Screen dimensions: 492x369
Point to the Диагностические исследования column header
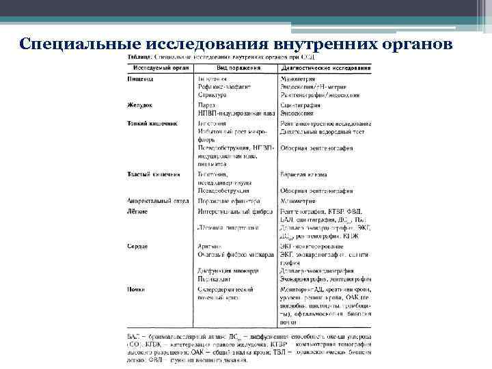(325, 69)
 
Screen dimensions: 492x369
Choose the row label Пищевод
(140, 79)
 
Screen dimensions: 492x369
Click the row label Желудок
(139, 105)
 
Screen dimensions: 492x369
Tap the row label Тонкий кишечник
(152, 123)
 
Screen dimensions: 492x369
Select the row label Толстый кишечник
(154, 174)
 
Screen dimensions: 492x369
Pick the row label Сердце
(138, 245)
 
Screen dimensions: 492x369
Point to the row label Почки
(136, 289)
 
